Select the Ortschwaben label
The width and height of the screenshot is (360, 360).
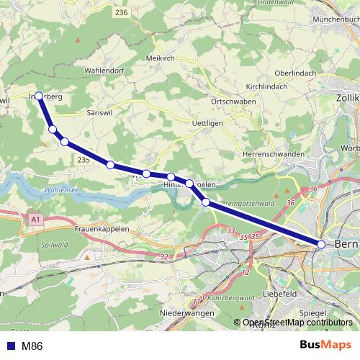point(230,102)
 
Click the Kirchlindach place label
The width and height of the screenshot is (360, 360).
point(266,86)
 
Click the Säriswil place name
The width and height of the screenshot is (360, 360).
point(99,113)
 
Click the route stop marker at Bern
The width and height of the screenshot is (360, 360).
point(321,245)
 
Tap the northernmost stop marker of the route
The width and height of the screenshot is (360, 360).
point(39,95)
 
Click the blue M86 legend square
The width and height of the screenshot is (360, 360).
point(9,346)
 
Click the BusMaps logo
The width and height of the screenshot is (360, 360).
point(325,346)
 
